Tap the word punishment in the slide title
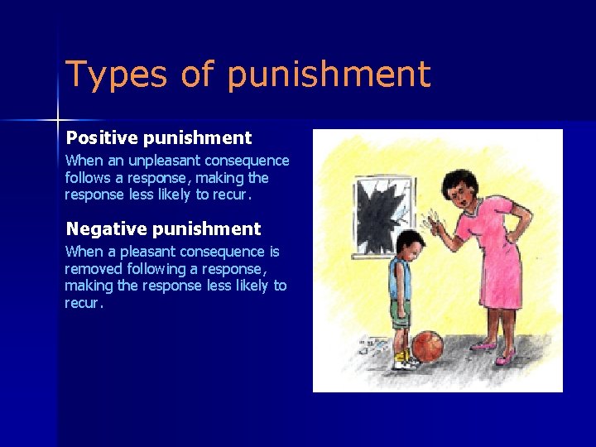point(328,74)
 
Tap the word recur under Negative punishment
point(84,303)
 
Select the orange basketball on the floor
point(427,347)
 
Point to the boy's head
point(410,246)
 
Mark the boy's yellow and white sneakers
point(405,360)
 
